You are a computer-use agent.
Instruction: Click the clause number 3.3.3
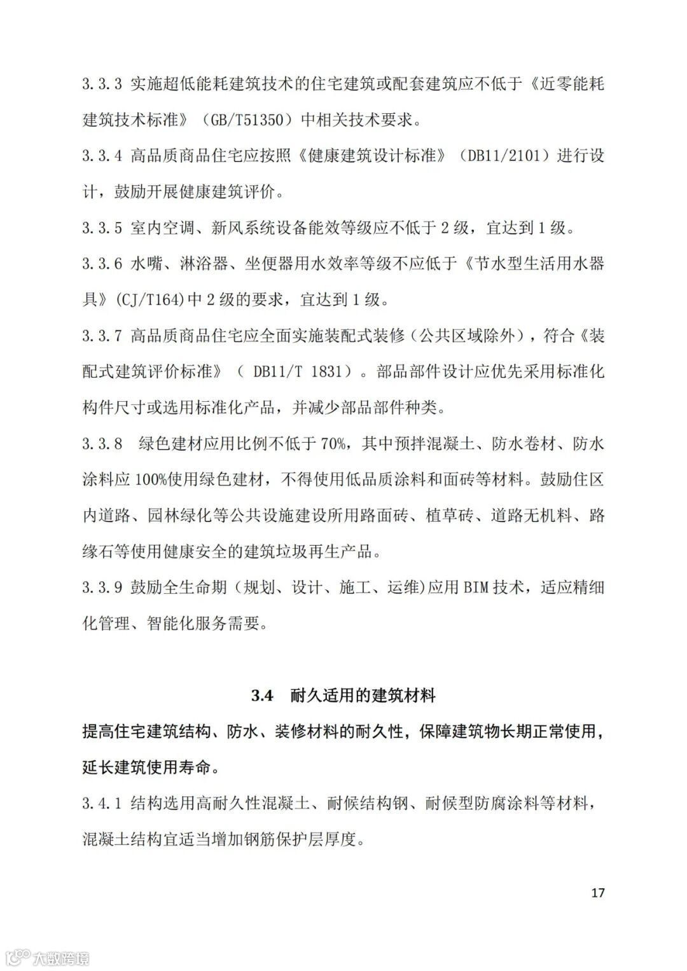102,83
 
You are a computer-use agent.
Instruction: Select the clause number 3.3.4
102,156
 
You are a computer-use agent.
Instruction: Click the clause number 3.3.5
102,228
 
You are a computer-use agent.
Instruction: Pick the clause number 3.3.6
102,264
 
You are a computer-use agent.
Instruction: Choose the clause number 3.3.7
102,336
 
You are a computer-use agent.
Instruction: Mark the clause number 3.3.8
102,444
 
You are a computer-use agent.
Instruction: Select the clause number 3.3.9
102,588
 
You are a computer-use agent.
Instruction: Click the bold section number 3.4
261,696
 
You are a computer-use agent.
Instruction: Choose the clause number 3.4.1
102,804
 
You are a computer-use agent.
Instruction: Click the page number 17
597,893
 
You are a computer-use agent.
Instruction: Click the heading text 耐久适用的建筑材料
363,696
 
